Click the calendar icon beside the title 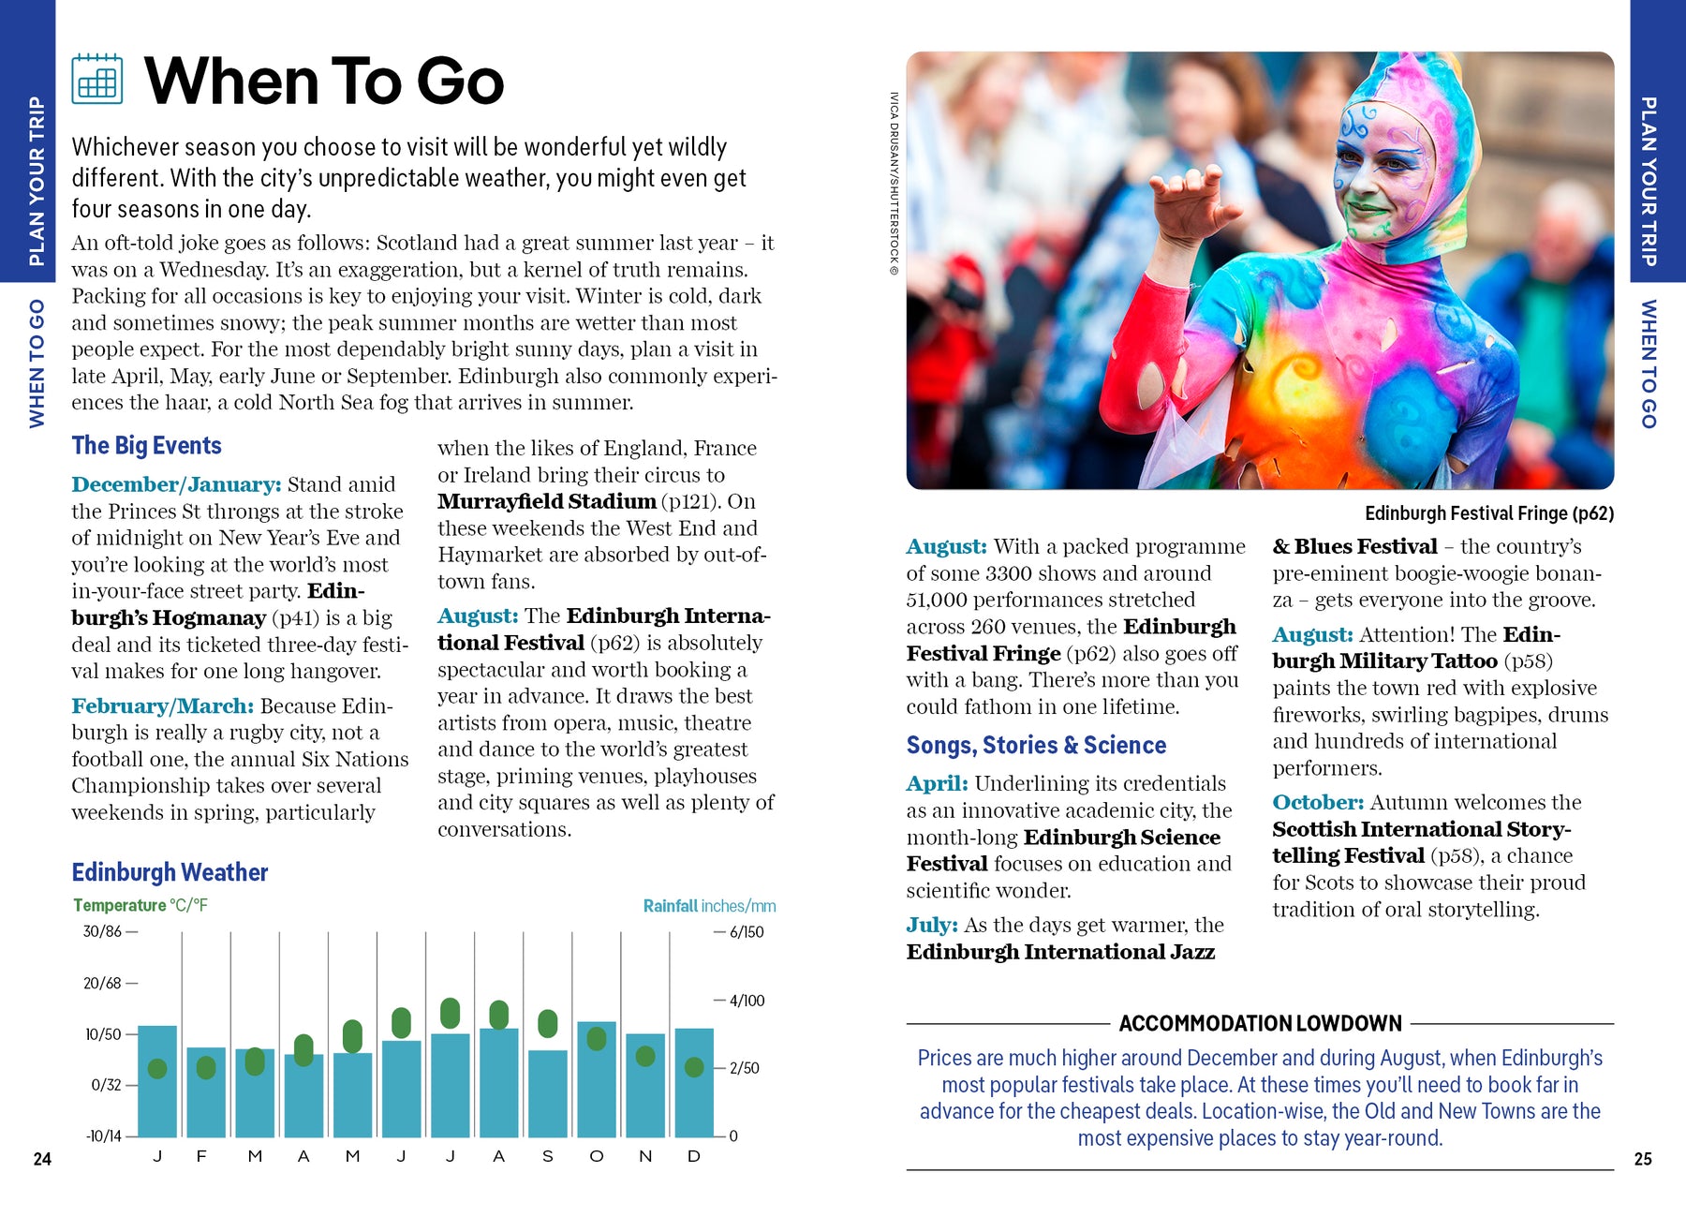(96, 79)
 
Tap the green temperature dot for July (450, 1013)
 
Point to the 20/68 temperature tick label (102, 984)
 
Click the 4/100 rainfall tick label (747, 1001)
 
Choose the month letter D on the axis (693, 1156)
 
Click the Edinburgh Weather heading (170, 872)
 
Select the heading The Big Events (146, 445)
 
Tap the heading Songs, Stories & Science (1036, 745)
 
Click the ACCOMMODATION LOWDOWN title (1260, 1023)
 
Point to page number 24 (42, 1159)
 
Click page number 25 (1643, 1159)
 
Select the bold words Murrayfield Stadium (546, 501)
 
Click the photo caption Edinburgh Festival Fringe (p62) (1488, 513)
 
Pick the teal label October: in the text (1317, 802)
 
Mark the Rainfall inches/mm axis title (709, 906)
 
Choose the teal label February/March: (162, 705)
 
